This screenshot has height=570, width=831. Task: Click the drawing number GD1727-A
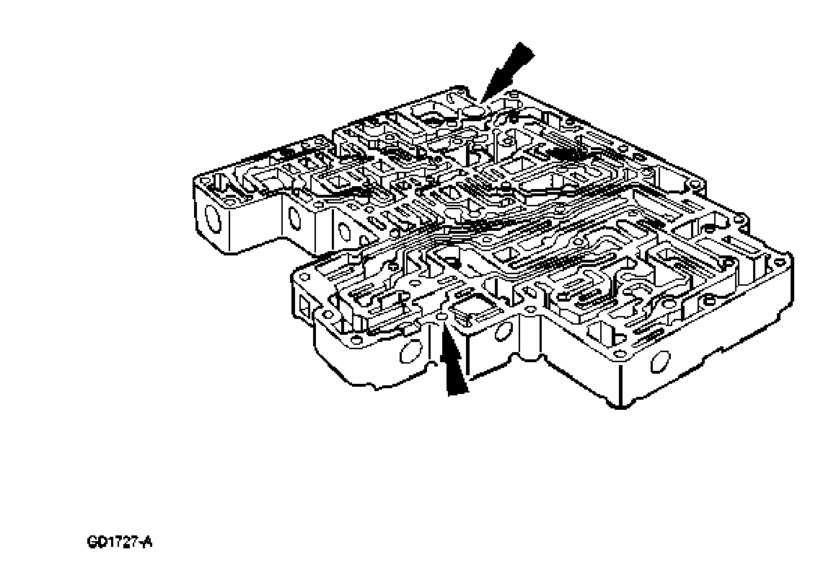[x=120, y=543]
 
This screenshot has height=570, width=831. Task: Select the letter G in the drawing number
[x=92, y=543]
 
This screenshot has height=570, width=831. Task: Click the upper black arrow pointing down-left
[x=507, y=71]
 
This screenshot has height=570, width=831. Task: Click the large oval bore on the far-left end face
[x=213, y=217]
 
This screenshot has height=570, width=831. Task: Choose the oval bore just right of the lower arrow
[x=501, y=332]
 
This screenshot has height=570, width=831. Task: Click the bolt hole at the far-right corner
[x=779, y=261]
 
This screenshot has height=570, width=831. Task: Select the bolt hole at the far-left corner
[x=203, y=180]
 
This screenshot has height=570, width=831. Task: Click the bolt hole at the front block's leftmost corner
[x=303, y=276]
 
